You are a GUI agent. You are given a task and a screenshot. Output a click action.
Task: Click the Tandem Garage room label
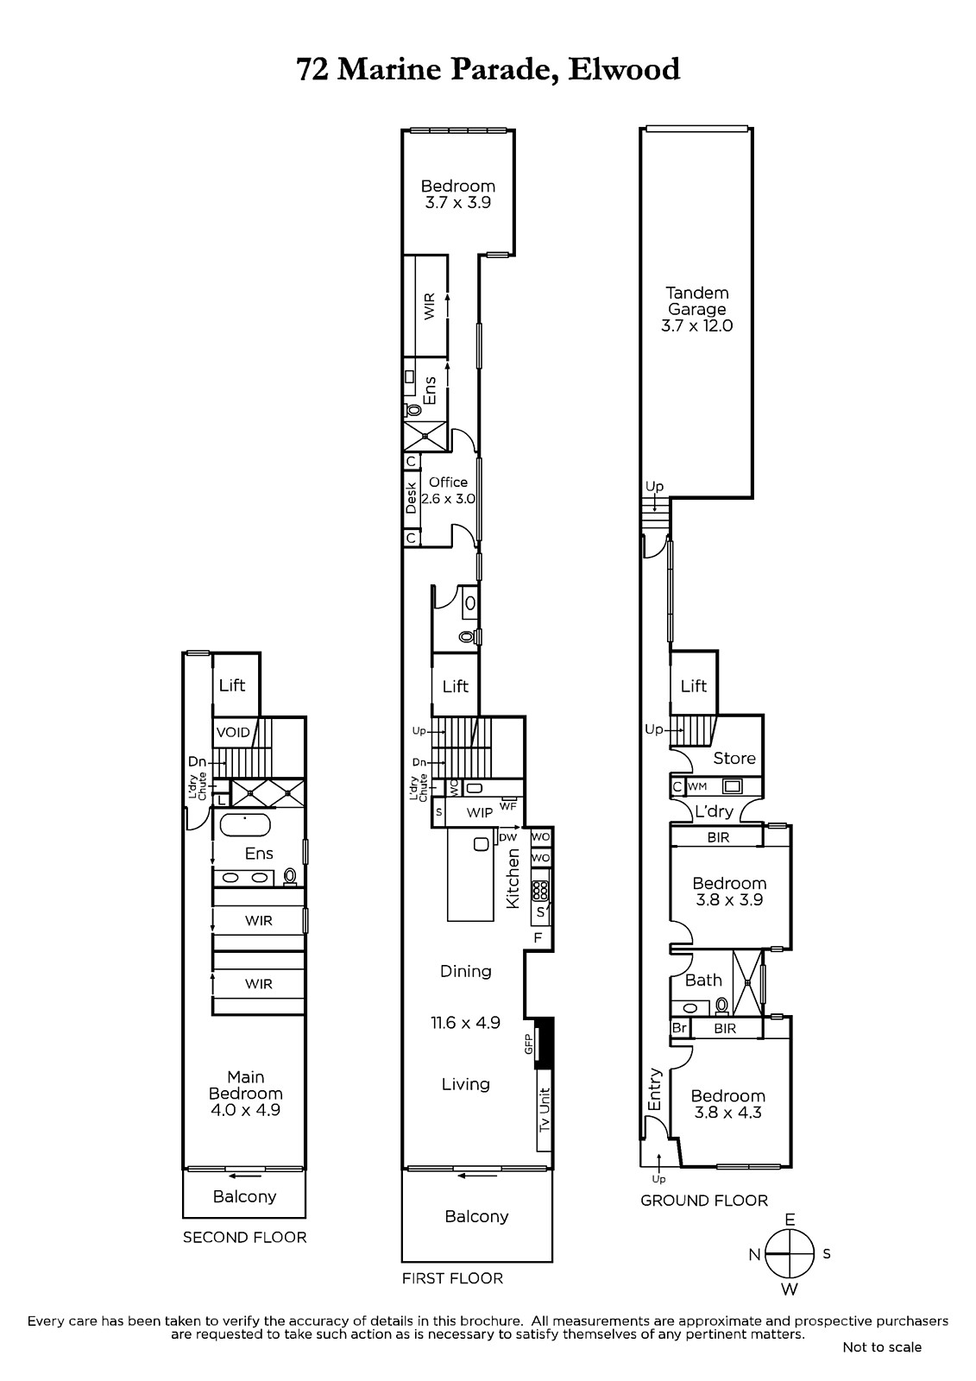[x=696, y=310]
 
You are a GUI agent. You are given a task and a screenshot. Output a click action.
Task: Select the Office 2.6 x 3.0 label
[x=448, y=491]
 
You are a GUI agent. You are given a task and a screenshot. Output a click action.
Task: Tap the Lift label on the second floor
[x=232, y=685]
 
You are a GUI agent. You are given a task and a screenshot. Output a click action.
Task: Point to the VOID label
[x=233, y=733]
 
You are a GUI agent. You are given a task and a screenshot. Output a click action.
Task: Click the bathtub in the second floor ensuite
[x=245, y=825]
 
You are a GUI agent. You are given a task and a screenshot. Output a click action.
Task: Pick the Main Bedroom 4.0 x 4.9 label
[x=245, y=1093]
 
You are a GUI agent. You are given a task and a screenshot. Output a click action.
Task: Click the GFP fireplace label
[x=528, y=1044]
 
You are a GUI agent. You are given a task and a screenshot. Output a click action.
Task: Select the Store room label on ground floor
[x=734, y=759]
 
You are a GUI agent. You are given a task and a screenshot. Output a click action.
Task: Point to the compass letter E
[x=790, y=1220]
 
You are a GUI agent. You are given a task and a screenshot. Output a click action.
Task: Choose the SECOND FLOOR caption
[x=245, y=1238]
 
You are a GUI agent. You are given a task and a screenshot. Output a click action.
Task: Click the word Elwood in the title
[x=624, y=69]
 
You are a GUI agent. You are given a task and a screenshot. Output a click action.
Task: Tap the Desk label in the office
[x=412, y=498]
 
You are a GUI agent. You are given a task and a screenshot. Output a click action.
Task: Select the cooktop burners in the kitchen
[x=540, y=891]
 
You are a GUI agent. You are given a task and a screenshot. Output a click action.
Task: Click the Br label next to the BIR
[x=679, y=1028]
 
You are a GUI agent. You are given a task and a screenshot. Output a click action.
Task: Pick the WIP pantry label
[x=479, y=812]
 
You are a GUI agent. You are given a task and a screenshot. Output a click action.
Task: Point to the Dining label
[x=465, y=971]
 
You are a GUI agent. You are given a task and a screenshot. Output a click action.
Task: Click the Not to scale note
[x=882, y=1347]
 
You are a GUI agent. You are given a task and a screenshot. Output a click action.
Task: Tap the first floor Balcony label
[x=476, y=1216]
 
